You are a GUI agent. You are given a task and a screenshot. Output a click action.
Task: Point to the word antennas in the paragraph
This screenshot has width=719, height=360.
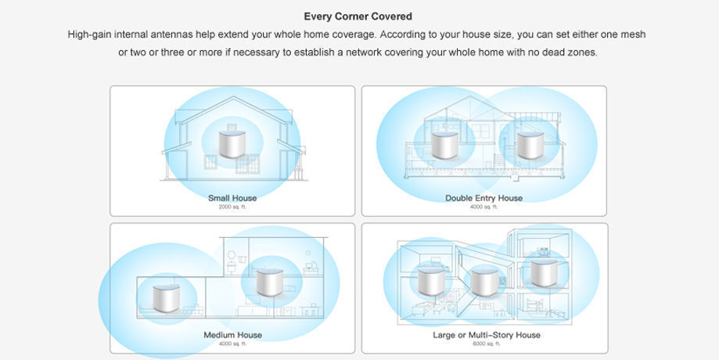170,35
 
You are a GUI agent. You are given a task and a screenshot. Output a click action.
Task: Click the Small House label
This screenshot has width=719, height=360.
232,198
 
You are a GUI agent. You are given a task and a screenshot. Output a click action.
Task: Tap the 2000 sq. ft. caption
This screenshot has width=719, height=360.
232,207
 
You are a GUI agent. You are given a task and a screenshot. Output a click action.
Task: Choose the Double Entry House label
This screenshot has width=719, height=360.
484,198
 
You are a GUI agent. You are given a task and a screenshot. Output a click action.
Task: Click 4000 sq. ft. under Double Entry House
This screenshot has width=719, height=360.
484,207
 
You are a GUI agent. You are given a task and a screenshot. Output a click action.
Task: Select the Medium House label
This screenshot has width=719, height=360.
232,335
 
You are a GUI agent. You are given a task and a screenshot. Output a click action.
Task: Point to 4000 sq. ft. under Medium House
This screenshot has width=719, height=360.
232,344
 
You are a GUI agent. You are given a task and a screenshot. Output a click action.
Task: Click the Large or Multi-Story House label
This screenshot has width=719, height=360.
486,335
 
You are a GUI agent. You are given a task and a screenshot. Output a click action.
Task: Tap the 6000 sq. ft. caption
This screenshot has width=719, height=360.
485,344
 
